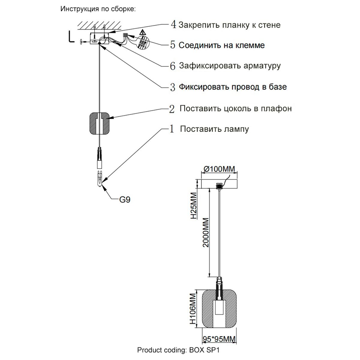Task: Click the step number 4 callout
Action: pyautogui.click(x=173, y=25)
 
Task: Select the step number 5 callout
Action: pyautogui.click(x=173, y=45)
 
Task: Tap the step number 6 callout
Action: pyautogui.click(x=173, y=66)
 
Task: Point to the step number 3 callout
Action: pyautogui.click(x=173, y=87)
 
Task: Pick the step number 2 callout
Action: pyautogui.click(x=172, y=109)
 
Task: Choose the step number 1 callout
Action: pyautogui.click(x=172, y=129)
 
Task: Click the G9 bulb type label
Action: pyautogui.click(x=125, y=199)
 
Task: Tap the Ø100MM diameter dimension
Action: pyautogui.click(x=219, y=169)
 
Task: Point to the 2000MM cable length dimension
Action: pyautogui.click(x=205, y=232)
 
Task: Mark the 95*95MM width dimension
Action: pyautogui.click(x=219, y=339)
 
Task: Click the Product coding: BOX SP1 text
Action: pyautogui.click(x=181, y=350)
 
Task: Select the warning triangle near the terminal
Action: pyautogui.click(x=143, y=33)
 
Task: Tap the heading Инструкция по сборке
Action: pyautogui.click(x=98, y=9)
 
